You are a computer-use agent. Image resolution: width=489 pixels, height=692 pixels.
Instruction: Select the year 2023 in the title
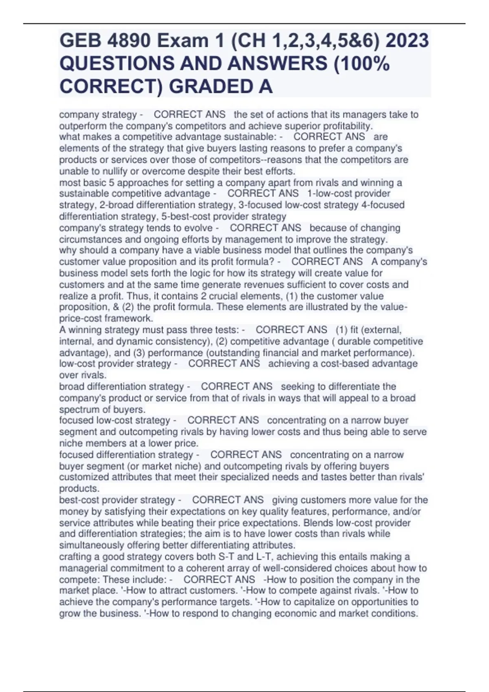407,41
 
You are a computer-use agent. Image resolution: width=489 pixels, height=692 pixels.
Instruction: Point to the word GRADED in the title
214,87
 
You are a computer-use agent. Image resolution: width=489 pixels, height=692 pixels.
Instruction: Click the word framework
128,318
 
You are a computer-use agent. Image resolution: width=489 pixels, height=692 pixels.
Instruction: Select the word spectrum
79,410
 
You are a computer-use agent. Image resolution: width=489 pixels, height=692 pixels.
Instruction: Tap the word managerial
84,568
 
